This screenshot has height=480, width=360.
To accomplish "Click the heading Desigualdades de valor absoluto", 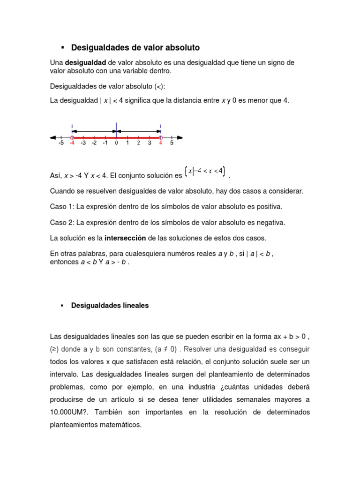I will point(135,48).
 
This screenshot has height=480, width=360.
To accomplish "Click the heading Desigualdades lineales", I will point(110,305).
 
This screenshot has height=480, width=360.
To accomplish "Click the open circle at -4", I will point(72,137).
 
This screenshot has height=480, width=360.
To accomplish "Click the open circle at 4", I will point(160,137).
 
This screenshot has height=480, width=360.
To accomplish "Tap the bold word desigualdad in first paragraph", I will point(85,62).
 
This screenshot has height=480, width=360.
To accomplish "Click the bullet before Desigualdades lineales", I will point(61,305).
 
